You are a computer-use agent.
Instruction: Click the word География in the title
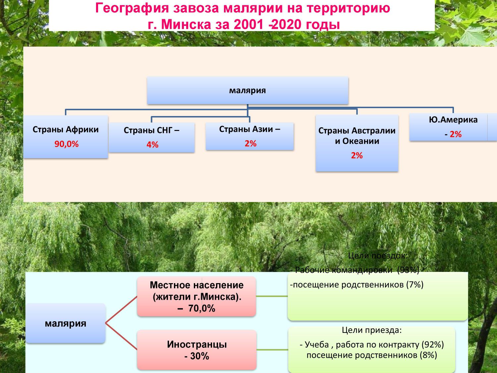pyautogui.click(x=132, y=9)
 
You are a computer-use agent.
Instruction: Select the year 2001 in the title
pyautogui.click(x=248, y=25)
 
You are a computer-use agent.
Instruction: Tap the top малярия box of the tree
pyautogui.click(x=248, y=91)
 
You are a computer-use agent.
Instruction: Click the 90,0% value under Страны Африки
pyautogui.click(x=66, y=144)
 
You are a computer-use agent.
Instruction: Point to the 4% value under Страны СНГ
pyautogui.click(x=152, y=145)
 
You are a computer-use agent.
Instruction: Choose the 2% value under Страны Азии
pyautogui.click(x=250, y=144)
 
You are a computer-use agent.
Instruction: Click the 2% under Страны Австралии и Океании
pyautogui.click(x=357, y=155)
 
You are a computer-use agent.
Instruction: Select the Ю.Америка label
pyautogui.click(x=453, y=120)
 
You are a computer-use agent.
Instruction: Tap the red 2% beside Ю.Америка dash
pyautogui.click(x=456, y=134)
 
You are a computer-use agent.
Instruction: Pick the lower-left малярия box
pyautogui.click(x=65, y=323)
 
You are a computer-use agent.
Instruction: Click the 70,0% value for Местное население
pyautogui.click(x=201, y=308)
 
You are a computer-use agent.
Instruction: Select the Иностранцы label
pyautogui.click(x=197, y=344)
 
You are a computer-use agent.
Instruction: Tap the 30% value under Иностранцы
pyautogui.click(x=199, y=356)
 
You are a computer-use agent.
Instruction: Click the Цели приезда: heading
pyautogui.click(x=371, y=330)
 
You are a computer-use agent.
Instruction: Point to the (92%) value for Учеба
pyautogui.click(x=432, y=345)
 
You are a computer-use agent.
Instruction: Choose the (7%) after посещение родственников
pyautogui.click(x=415, y=285)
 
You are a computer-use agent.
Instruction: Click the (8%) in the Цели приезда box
pyautogui.click(x=428, y=355)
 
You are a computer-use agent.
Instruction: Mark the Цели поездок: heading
pyautogui.click(x=378, y=256)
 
